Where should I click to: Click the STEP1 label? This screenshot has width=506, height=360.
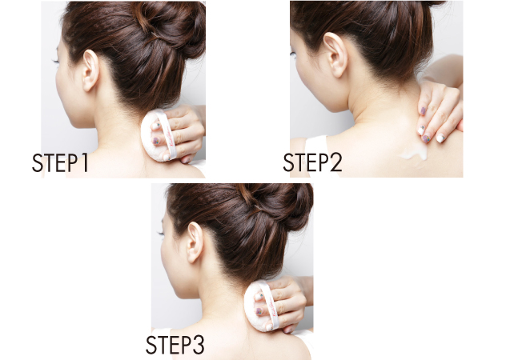coord(60,162)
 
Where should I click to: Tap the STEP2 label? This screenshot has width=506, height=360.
coord(312,162)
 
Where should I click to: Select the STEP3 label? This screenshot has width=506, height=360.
coord(175,345)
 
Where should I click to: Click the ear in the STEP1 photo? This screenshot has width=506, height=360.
coord(90,70)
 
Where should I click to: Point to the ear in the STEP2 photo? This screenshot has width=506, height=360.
coord(335,55)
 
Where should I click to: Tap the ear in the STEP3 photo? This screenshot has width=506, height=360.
coord(195,242)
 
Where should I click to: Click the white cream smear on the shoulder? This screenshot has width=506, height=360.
coord(414,154)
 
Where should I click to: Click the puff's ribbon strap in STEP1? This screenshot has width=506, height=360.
coord(168,134)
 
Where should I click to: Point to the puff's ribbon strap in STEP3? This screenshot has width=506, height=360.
coord(271,305)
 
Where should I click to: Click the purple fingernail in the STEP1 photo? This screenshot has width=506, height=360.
coord(156,141)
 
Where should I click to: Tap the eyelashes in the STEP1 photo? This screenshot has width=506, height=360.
coord(55,60)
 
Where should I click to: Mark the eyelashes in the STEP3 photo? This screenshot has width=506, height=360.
coord(160,232)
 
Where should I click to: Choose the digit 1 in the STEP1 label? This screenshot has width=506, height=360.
coord(85,163)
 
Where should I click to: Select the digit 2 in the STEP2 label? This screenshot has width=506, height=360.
coord(335,162)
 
